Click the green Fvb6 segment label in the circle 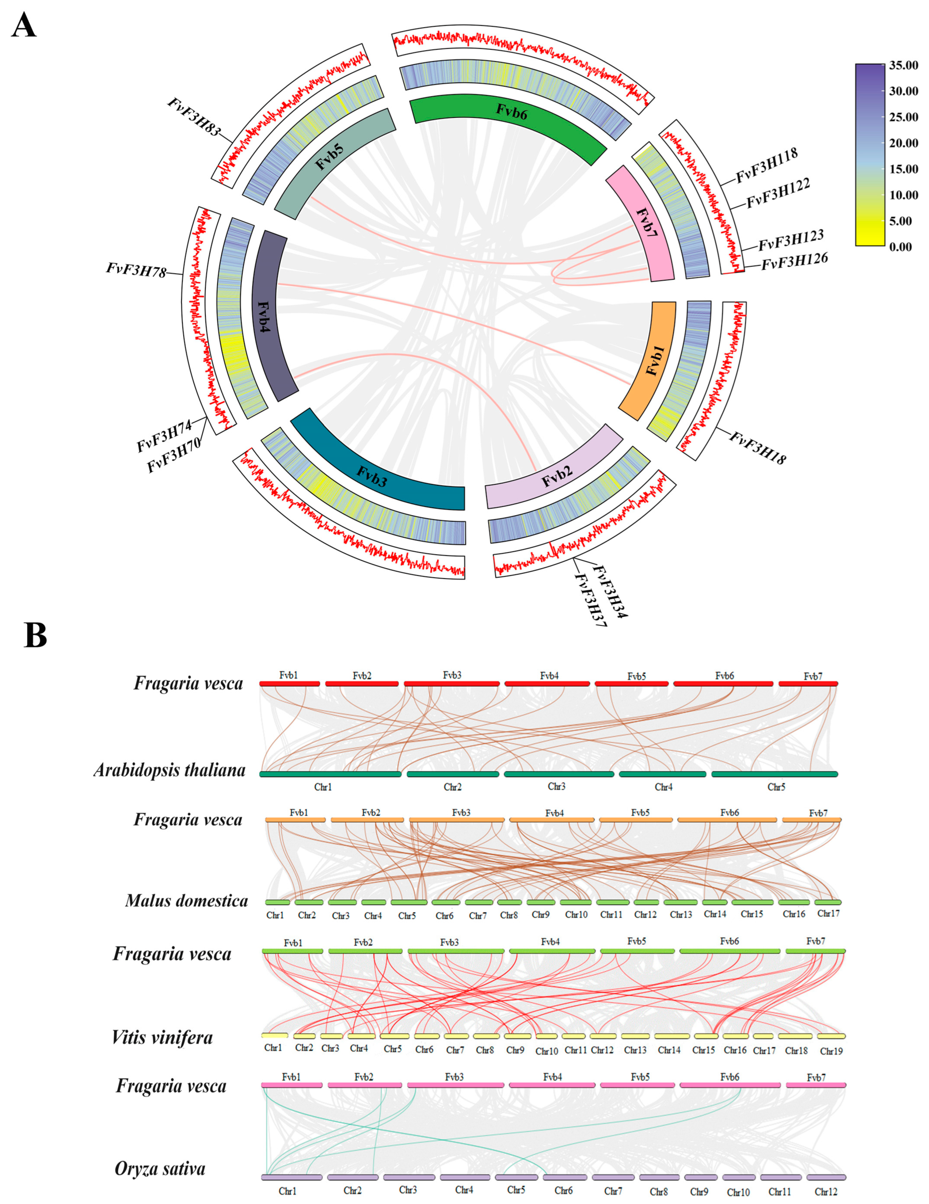tap(511, 112)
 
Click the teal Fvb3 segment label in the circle tap(371, 476)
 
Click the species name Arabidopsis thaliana tap(169, 770)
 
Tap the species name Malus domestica tap(186, 901)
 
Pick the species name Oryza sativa tap(160, 1169)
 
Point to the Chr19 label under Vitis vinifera tap(831, 1051)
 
